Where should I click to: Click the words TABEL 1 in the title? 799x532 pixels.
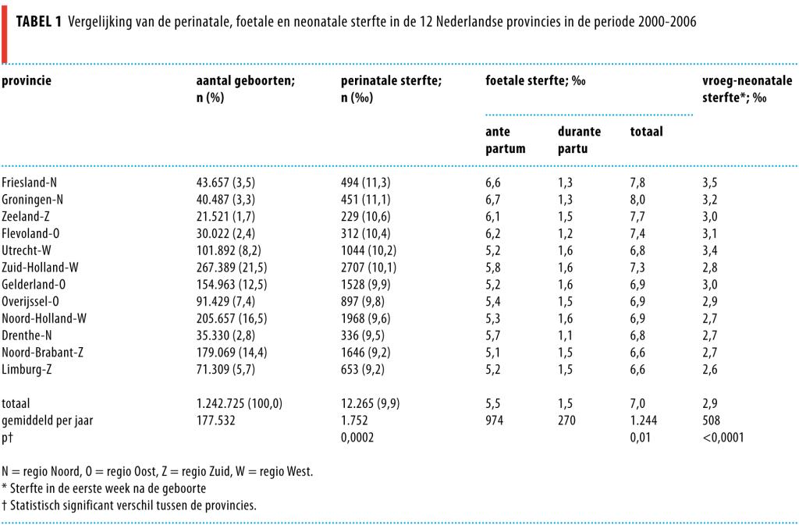(x=40, y=22)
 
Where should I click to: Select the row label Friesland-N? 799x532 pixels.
(x=29, y=183)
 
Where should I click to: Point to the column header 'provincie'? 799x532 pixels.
(x=27, y=80)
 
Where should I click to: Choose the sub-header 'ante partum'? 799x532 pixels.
(x=505, y=140)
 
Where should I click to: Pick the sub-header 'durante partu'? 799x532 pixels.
(x=579, y=140)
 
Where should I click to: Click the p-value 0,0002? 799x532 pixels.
(x=358, y=438)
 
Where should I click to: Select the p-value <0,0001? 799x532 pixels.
(x=723, y=438)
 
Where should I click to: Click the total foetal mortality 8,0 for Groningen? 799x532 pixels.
(x=637, y=199)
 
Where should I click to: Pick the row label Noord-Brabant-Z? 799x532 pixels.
(x=42, y=352)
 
